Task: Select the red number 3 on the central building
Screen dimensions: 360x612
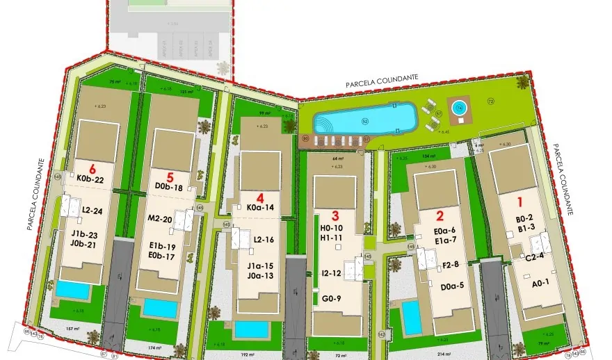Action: tap(335, 215)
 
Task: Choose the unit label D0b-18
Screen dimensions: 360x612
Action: tap(169, 188)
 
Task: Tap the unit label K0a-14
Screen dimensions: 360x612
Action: tap(261, 207)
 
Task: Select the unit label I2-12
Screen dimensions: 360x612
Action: tap(331, 272)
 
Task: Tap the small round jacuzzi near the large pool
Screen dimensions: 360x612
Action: tap(459, 108)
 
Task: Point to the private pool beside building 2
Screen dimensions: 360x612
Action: tap(412, 317)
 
